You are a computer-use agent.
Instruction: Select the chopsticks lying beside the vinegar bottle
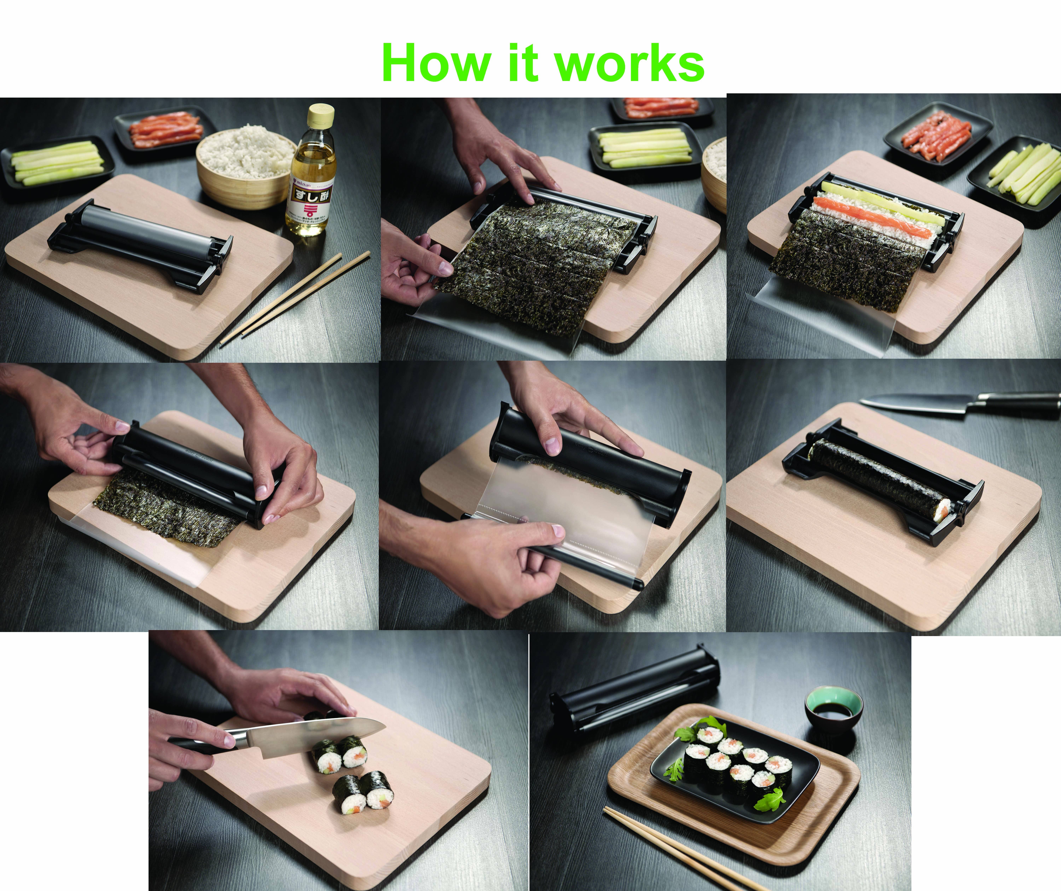point(295,298)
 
